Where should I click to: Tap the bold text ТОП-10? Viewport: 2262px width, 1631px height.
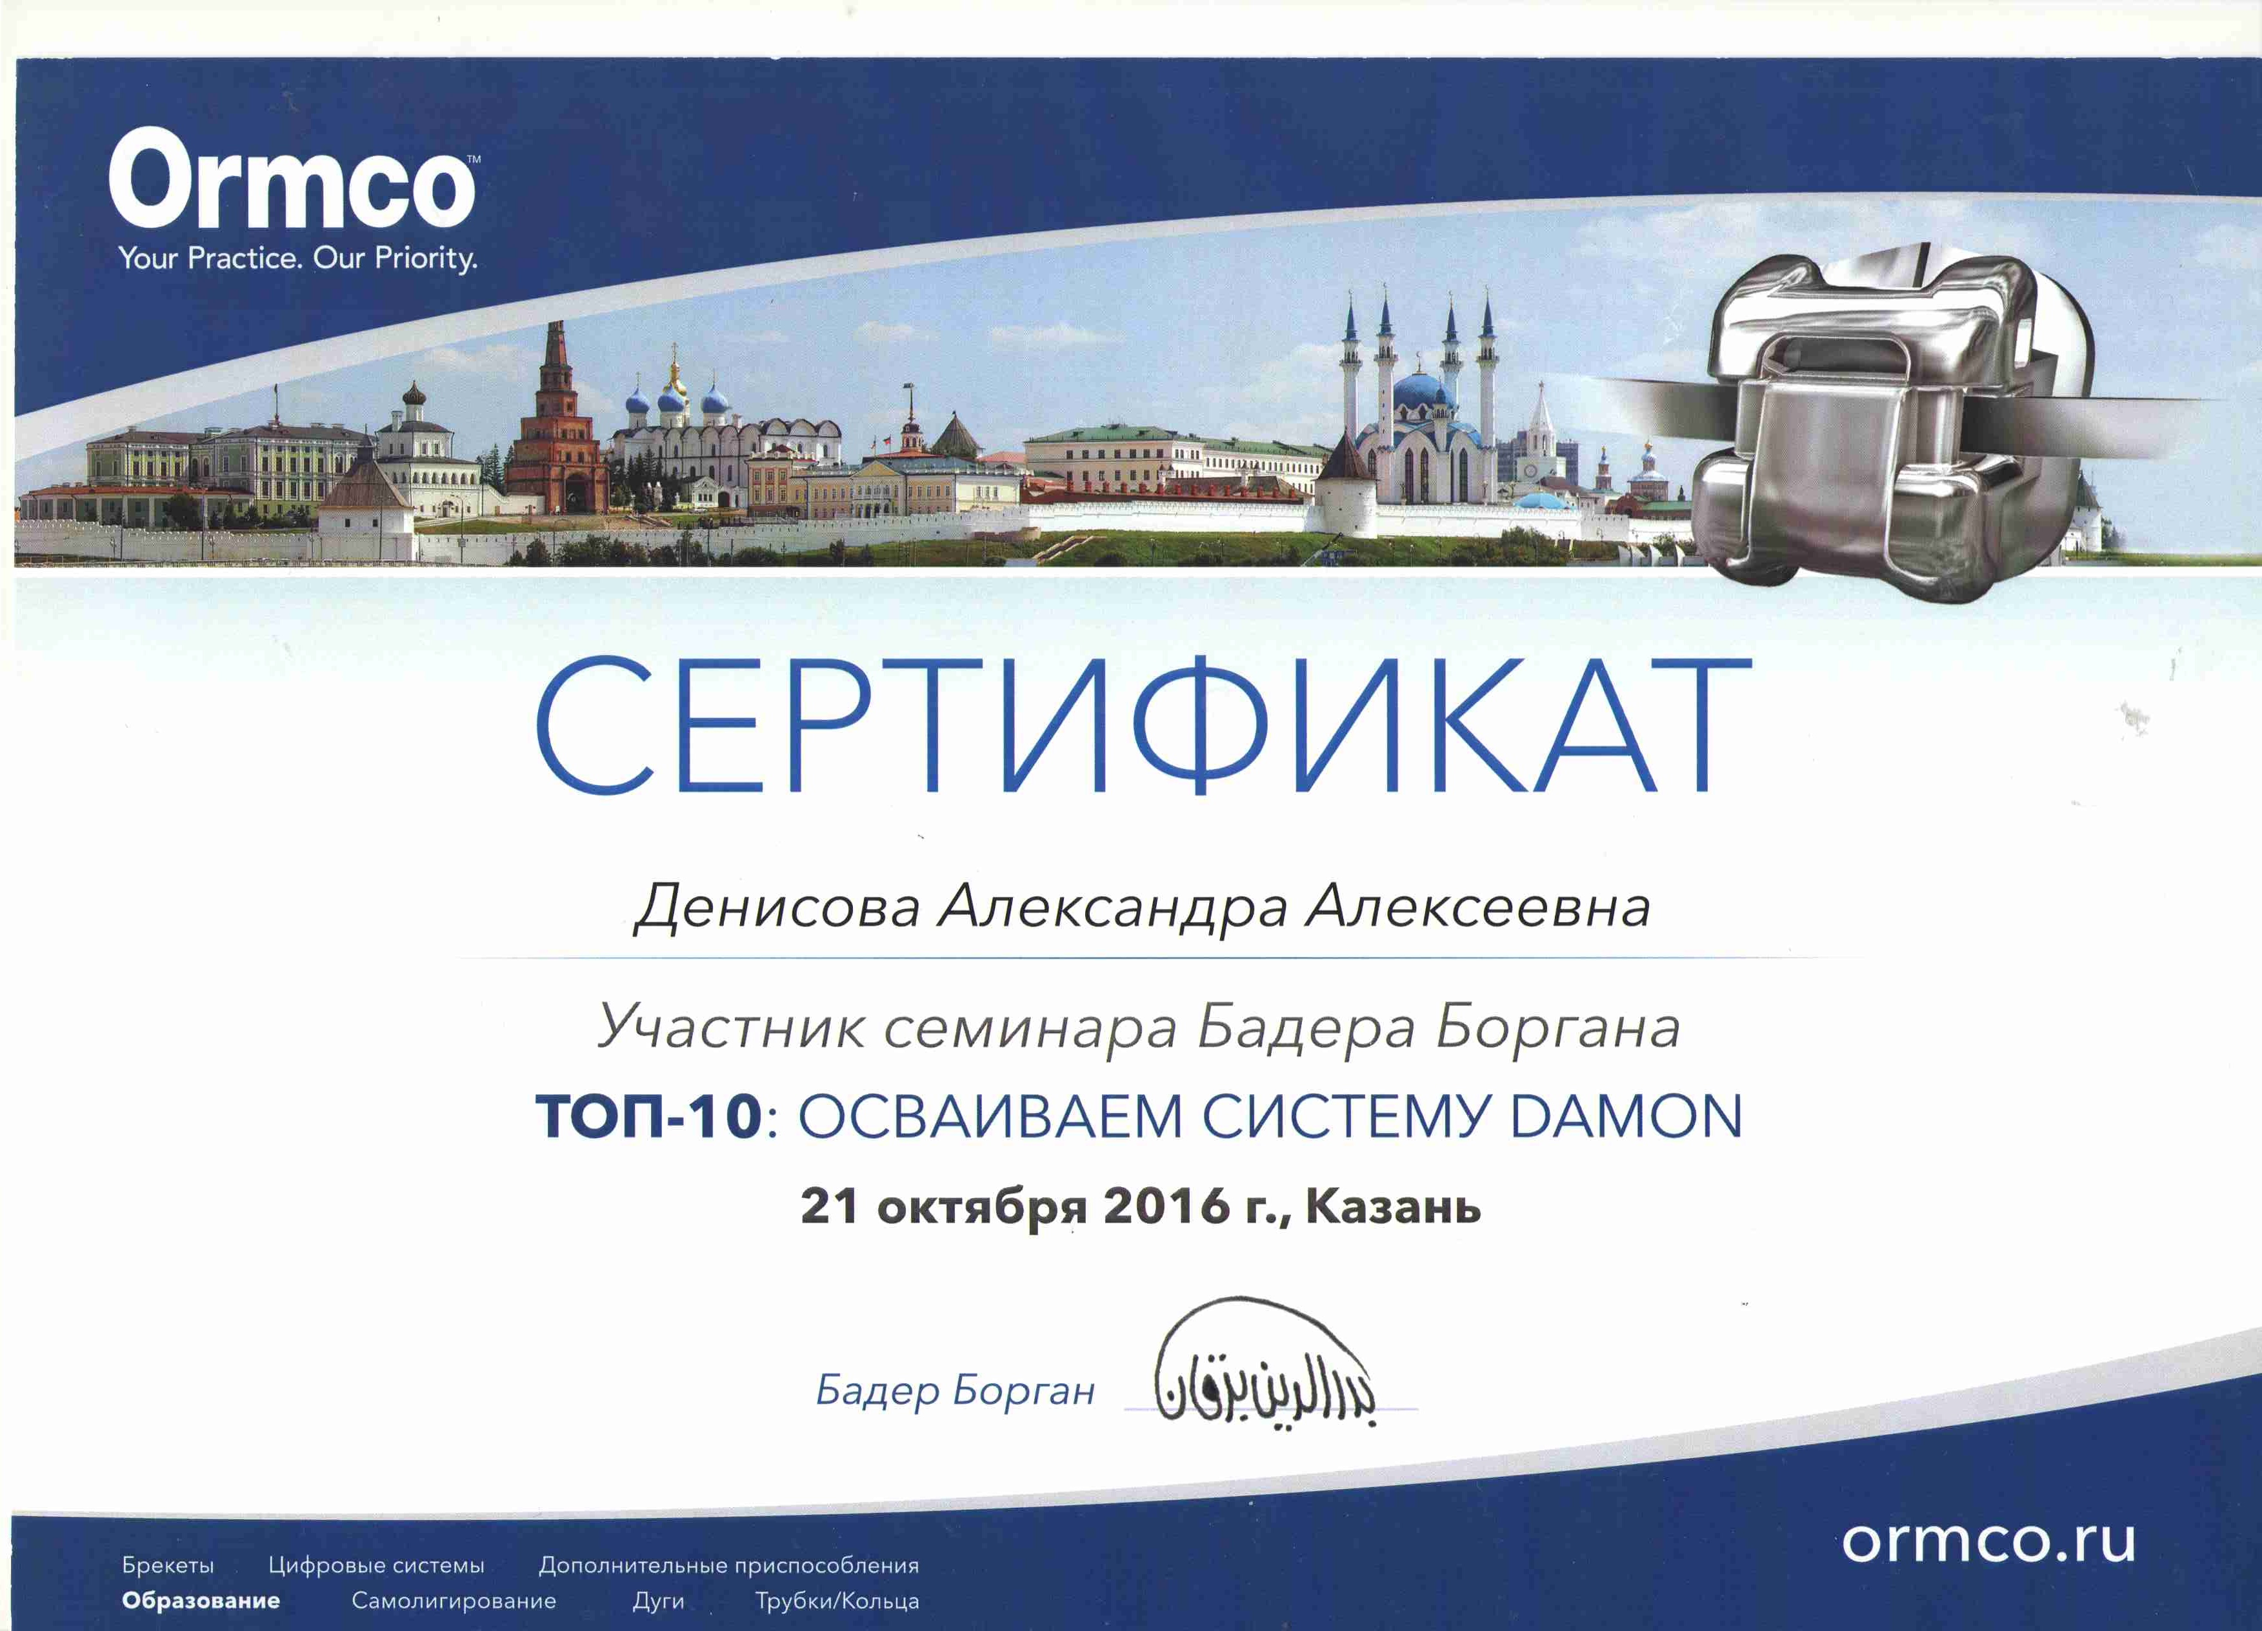pyautogui.click(x=649, y=1116)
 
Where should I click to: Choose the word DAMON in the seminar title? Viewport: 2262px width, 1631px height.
pyautogui.click(x=1626, y=1116)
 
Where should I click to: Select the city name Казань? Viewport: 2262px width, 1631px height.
pyautogui.click(x=1394, y=1207)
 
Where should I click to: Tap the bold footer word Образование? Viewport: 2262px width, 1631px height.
pyautogui.click(x=201, y=1602)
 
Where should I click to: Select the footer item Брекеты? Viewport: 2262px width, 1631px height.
pyautogui.click(x=168, y=1565)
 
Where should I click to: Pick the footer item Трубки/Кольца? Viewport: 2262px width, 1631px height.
pyautogui.click(x=837, y=1602)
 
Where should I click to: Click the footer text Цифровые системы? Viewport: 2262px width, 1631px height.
pyautogui.click(x=376, y=1566)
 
